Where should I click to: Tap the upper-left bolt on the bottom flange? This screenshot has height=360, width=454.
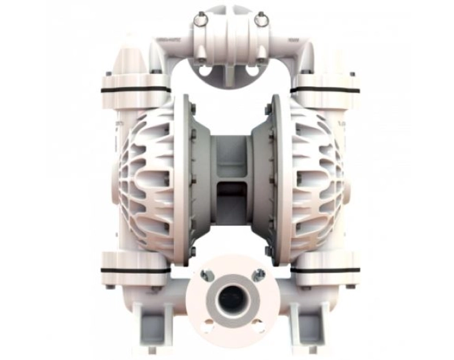tap(204, 274)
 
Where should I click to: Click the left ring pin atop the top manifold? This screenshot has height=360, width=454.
tap(200, 21)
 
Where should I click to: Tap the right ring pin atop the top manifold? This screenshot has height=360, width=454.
tap(261, 21)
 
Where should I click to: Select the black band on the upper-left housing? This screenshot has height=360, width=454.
tap(134, 90)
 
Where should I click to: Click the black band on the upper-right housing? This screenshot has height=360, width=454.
tap(325, 90)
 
